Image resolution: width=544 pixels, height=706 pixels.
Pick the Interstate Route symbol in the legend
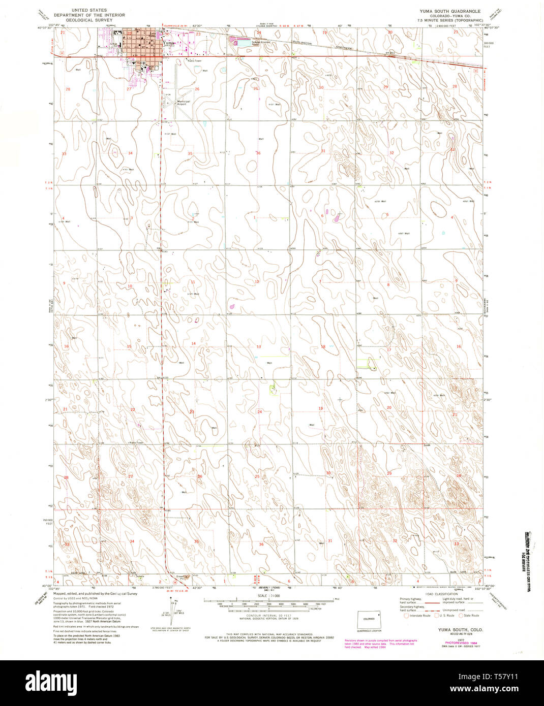pos(406,616)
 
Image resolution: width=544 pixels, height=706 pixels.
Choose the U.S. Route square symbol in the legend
pos(434,616)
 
